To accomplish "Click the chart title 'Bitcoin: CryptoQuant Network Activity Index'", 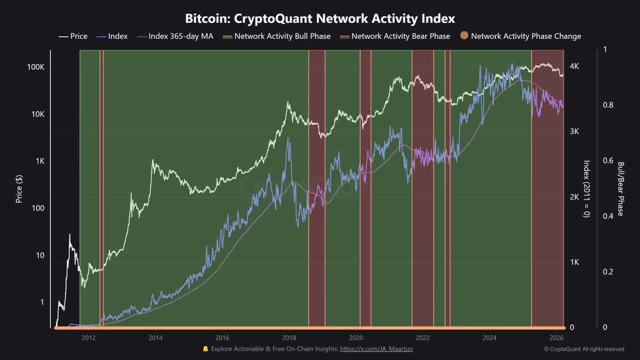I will point(320,19).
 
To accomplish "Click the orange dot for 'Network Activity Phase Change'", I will point(464,36).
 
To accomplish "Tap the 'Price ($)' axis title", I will point(19,188).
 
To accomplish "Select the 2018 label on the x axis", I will point(289,338).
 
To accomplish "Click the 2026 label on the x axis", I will point(556,338).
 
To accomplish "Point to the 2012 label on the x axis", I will point(89,338).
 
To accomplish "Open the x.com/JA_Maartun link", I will point(376,349).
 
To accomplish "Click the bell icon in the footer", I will point(205,349).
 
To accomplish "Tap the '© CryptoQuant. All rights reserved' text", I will point(583,349).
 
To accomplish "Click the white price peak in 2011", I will point(69,234).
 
